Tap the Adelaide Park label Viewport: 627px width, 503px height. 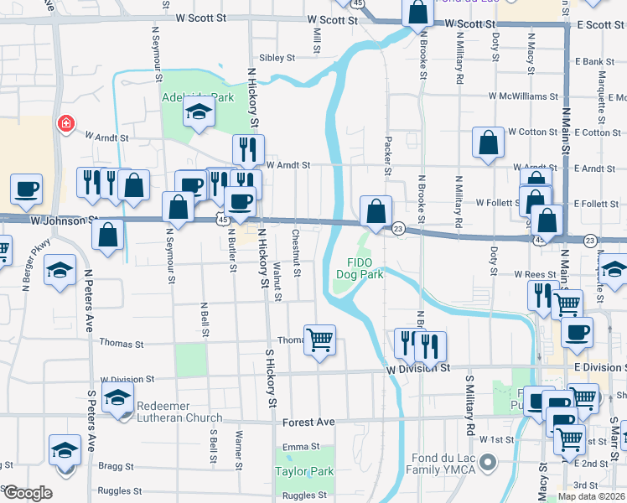(198, 98)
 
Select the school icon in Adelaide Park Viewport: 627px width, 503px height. (199, 112)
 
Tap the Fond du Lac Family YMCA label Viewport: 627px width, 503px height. (443, 464)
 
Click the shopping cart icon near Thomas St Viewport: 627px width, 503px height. (319, 340)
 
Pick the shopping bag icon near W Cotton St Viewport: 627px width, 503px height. (488, 143)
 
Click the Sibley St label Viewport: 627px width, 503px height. (277, 59)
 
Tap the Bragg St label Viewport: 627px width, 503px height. (117, 466)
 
